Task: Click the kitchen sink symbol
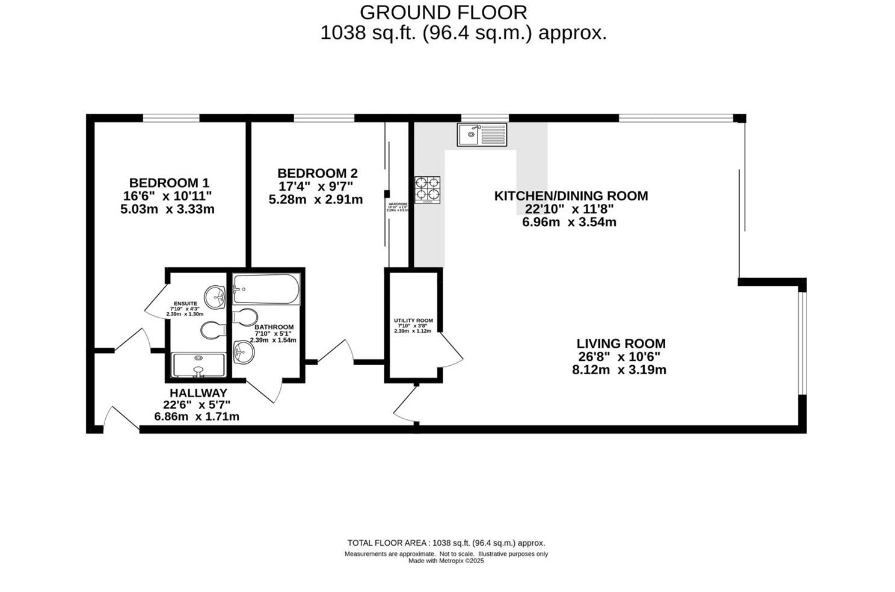tap(482, 134)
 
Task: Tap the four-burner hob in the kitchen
tap(427, 190)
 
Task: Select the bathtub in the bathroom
tap(266, 289)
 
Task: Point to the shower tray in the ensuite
tap(198, 365)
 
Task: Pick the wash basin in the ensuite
tap(216, 296)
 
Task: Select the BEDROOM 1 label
tap(169, 182)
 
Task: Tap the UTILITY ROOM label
tap(413, 321)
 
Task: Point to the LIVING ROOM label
tap(621, 344)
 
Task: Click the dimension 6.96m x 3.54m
tap(569, 222)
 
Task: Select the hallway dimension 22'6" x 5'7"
tap(197, 405)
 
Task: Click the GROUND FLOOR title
tap(443, 12)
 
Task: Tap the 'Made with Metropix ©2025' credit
tap(446, 561)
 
